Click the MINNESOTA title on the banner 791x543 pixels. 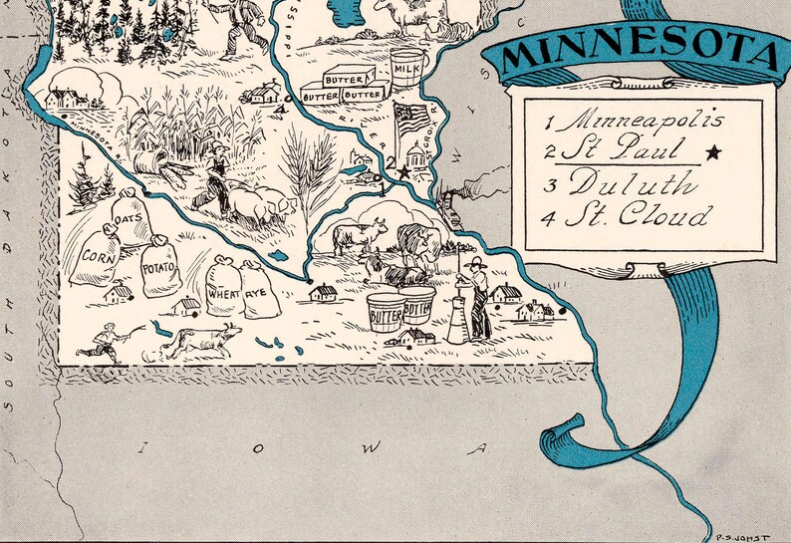click(x=638, y=55)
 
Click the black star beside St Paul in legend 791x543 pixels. click(x=712, y=152)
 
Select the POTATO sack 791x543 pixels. click(x=160, y=269)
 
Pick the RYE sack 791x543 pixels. click(x=259, y=290)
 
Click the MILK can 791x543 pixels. click(x=407, y=69)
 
